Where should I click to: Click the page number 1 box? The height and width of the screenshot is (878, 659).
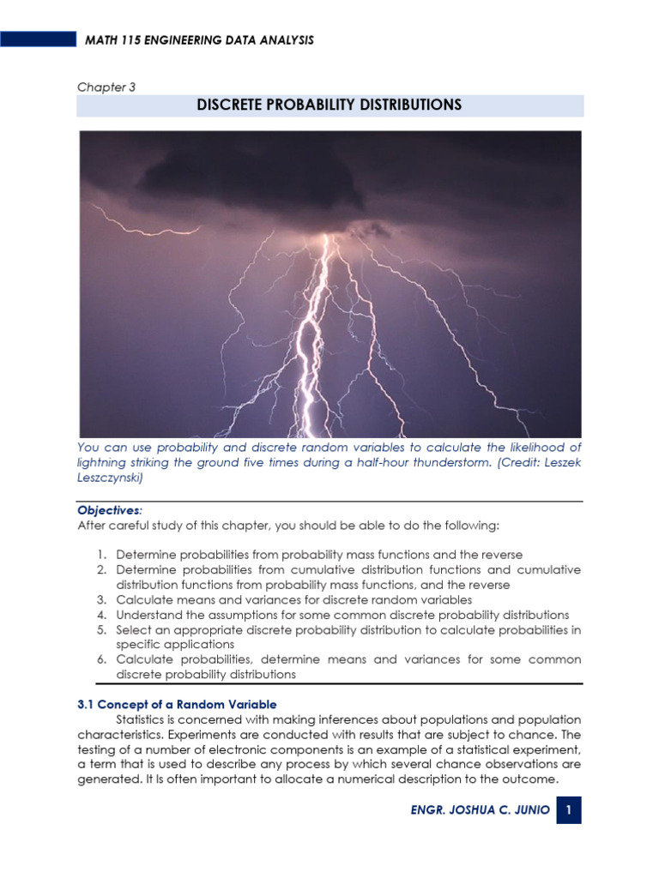click(x=569, y=810)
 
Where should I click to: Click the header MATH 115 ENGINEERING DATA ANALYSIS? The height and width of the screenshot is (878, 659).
click(x=198, y=40)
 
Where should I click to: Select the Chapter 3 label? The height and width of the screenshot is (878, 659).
click(x=106, y=87)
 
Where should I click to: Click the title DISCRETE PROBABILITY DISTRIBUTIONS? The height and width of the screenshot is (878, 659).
click(x=329, y=105)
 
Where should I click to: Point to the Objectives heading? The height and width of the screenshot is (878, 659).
click(x=111, y=508)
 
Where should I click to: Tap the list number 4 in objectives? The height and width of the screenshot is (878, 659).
click(x=100, y=615)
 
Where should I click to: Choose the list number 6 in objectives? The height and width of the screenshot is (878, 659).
click(x=100, y=659)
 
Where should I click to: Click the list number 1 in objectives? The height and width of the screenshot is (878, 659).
click(x=100, y=555)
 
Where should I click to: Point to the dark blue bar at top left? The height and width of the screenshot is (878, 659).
click(x=38, y=39)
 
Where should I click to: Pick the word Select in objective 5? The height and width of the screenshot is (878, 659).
click(x=133, y=629)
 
